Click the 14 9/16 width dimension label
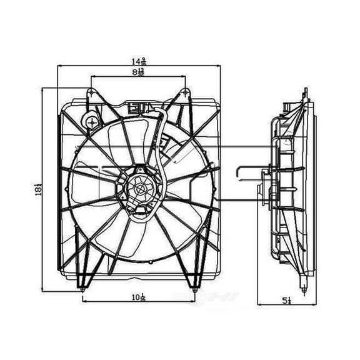tap(139, 61)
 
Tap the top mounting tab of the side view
tap(306, 94)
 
